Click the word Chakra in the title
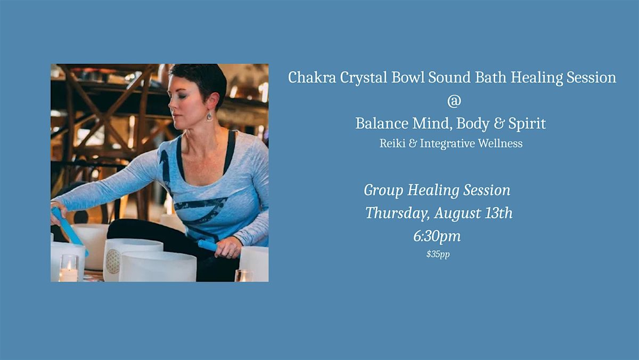pos(312,77)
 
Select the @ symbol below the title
pos(454,101)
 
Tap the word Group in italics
pos(383,191)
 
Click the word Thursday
pos(398,214)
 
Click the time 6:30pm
pos(437,236)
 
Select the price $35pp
pos(438,254)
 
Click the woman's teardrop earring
pos(209,116)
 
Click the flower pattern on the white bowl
pos(113,261)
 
